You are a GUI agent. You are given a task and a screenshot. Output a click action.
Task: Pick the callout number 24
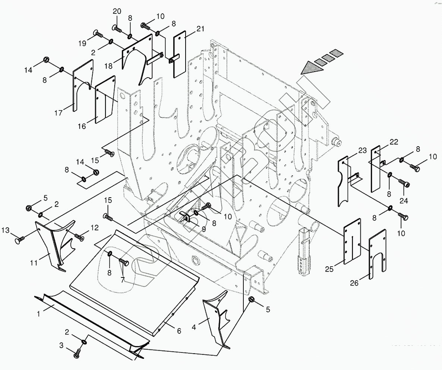[x=404, y=201]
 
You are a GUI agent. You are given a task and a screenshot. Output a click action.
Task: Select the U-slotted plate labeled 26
[x=378, y=254]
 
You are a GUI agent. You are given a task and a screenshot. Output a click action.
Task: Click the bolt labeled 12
[x=79, y=236]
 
